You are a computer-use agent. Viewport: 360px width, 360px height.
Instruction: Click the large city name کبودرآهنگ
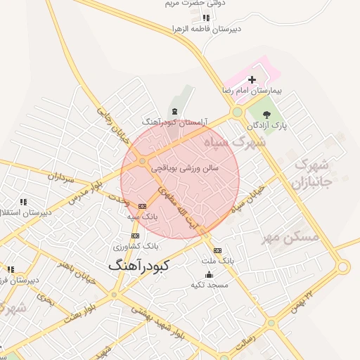[x=145, y=266]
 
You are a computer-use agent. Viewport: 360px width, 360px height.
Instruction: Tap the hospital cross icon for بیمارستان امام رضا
[x=252, y=80]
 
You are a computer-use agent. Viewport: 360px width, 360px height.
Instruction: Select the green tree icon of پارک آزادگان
[x=267, y=112]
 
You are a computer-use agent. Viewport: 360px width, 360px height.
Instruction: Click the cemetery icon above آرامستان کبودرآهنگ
[x=174, y=111]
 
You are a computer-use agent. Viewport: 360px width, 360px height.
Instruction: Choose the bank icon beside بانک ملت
[x=217, y=250]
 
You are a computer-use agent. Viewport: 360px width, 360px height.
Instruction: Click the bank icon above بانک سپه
[x=143, y=206]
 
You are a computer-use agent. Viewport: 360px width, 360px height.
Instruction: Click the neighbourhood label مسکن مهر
[x=290, y=237]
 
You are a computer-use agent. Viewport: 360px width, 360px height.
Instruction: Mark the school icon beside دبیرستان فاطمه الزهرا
[x=205, y=18]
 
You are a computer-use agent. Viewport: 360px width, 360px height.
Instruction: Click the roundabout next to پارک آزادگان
[x=238, y=111]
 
